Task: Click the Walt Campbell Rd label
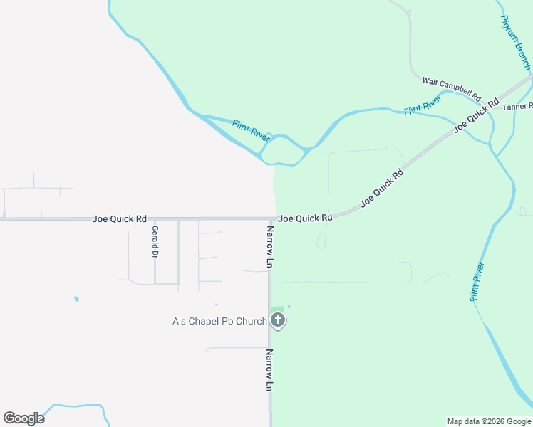coord(452,89)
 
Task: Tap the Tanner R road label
coord(517,107)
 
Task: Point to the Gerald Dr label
coord(155,241)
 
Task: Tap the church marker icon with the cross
coord(278,320)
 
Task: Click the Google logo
coord(24,418)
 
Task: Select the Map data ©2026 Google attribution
coord(488,421)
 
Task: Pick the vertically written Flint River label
coord(477,282)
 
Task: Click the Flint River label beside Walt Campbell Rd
coord(423,105)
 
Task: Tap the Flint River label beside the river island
coord(251,131)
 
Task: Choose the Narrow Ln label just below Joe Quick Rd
coord(270,247)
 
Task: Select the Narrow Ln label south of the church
coord(270,369)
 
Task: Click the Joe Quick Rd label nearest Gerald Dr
coord(120,218)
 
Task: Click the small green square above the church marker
coord(277,308)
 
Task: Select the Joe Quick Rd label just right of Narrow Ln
coord(306,218)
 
